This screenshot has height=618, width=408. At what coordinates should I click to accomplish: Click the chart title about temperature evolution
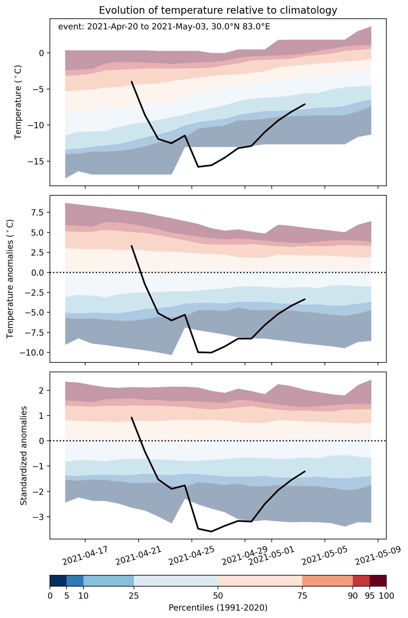tap(218, 10)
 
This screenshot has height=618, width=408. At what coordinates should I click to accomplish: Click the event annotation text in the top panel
tap(164, 27)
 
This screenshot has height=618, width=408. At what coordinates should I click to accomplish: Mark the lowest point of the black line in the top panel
tap(198, 167)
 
